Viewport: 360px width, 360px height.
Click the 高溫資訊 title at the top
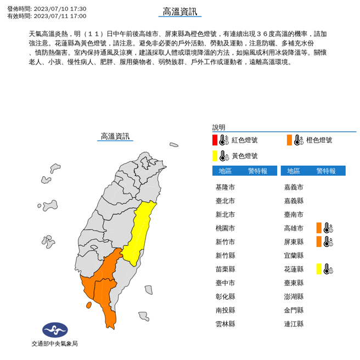point(179,12)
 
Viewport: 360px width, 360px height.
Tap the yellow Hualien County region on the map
point(142,230)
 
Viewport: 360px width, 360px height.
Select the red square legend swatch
point(215,140)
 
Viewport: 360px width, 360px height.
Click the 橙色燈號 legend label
point(319,140)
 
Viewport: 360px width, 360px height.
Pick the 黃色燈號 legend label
point(244,156)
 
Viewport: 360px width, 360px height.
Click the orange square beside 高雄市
point(319,228)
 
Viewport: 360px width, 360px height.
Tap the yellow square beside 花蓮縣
point(319,269)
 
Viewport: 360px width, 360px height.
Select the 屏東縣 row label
point(294,241)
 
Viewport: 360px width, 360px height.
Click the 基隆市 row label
point(225,187)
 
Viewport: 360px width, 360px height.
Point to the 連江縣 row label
point(294,324)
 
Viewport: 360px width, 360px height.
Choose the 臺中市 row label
point(225,283)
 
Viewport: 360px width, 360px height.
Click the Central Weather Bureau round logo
point(55,330)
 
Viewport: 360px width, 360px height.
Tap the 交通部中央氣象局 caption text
point(55,344)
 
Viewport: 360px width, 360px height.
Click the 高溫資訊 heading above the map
point(115,136)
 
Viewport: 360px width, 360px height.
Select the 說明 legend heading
point(218,127)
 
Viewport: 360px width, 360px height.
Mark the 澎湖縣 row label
point(294,296)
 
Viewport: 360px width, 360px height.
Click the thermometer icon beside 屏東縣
point(328,241)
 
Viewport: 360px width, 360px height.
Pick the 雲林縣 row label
point(225,324)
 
